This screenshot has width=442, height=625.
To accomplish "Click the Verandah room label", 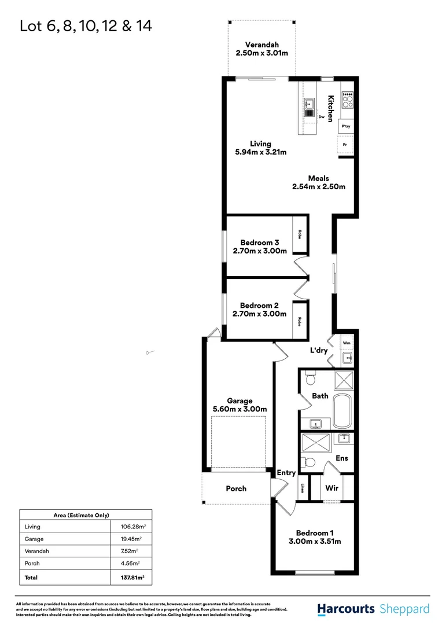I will (x=261, y=45).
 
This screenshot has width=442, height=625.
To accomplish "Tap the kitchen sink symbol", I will (x=309, y=105).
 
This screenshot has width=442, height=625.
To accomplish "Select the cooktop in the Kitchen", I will (x=347, y=101).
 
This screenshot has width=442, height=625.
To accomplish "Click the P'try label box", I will (x=346, y=126).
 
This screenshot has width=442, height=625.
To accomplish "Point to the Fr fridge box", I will (x=345, y=144).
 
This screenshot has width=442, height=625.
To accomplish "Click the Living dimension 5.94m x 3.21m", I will (x=260, y=153).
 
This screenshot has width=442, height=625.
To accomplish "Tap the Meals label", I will (x=318, y=178).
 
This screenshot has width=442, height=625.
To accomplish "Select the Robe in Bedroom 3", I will (x=300, y=234).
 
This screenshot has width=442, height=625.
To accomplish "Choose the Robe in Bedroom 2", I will (x=300, y=321).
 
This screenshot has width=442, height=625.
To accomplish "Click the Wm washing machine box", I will (x=347, y=343).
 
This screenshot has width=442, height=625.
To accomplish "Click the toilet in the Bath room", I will (x=310, y=379).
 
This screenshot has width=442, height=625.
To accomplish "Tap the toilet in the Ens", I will (x=309, y=462).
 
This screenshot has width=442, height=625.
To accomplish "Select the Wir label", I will (x=331, y=488).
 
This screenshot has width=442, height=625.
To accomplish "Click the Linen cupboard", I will (x=303, y=488).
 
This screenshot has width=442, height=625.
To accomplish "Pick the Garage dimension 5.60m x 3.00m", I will (x=240, y=409).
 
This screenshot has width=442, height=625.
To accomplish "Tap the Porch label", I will (x=236, y=488).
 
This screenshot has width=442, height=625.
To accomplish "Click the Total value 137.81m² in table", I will (x=127, y=577).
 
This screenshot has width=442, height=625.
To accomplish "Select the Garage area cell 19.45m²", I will (x=127, y=539).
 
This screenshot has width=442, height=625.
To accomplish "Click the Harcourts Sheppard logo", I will (x=373, y=609).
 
